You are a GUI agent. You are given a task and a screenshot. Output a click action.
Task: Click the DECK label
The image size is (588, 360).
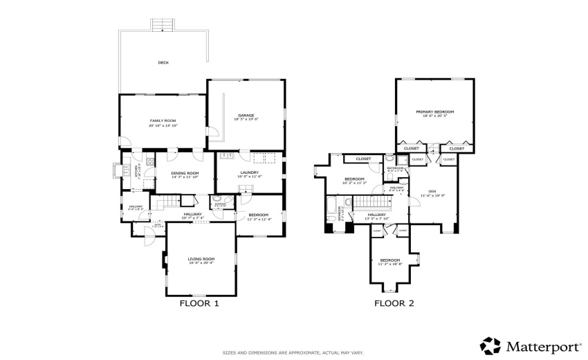click(163, 63)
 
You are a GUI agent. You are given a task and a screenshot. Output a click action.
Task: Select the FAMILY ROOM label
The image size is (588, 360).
click(163, 121)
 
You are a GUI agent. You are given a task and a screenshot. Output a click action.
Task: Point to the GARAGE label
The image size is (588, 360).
click(247, 116)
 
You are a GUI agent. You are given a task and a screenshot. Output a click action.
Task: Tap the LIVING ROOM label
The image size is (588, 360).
click(201, 259)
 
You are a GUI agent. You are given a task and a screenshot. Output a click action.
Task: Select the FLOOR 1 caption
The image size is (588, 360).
click(199, 303)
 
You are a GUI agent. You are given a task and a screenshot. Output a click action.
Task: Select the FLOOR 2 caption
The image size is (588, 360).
click(394, 303)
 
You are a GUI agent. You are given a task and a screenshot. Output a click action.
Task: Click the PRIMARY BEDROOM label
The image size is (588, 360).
click(434, 112)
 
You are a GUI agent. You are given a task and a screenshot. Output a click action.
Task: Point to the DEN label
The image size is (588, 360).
click(432, 191)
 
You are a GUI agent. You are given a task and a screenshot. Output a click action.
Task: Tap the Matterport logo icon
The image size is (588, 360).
click(490, 345)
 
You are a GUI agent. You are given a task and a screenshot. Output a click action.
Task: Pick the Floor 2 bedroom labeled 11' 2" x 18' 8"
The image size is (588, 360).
click(389, 260)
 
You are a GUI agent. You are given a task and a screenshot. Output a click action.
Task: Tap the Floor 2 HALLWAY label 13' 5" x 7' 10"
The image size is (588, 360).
click(377, 216)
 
